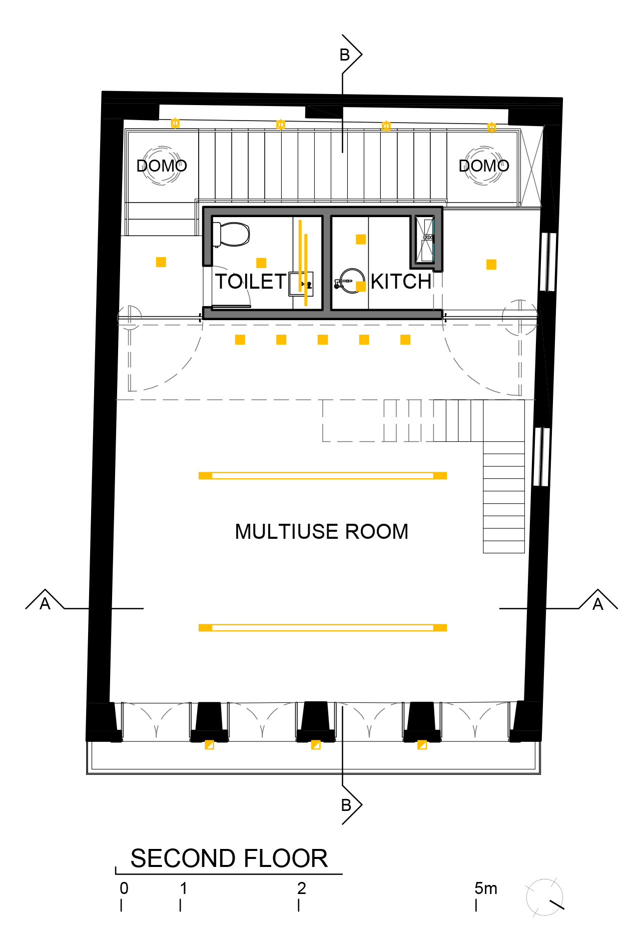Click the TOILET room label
click(x=251, y=282)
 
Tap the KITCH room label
click(x=401, y=282)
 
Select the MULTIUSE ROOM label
click(x=322, y=531)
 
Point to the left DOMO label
click(x=162, y=166)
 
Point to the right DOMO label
click(x=484, y=166)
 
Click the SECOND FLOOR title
click(x=229, y=858)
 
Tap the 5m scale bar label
click(x=486, y=888)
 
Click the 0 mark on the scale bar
click(x=124, y=888)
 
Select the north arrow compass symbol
click(x=545, y=897)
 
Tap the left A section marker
click(x=45, y=600)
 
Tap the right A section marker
click(x=598, y=600)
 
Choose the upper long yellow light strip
click(x=323, y=475)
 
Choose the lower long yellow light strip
click(x=323, y=627)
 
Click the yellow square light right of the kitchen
click(x=491, y=264)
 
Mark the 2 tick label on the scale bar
click(x=301, y=888)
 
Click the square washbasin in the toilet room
click(x=301, y=284)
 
